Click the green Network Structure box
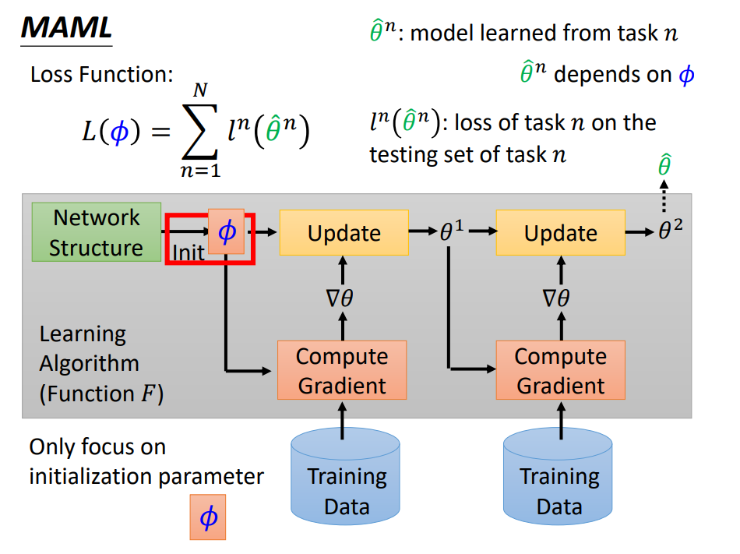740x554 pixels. coord(97,232)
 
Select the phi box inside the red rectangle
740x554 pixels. coord(227,231)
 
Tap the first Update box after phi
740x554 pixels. coord(344,233)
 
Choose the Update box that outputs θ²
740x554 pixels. coord(560,233)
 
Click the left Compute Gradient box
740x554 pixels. coord(341,370)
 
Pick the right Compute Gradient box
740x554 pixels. coord(560,370)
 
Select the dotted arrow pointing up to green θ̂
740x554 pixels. coord(664,199)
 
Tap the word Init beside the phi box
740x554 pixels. coord(188,252)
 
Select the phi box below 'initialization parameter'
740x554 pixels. coord(207,517)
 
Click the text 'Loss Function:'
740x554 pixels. coord(101,75)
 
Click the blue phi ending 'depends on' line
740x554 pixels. coord(686,75)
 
